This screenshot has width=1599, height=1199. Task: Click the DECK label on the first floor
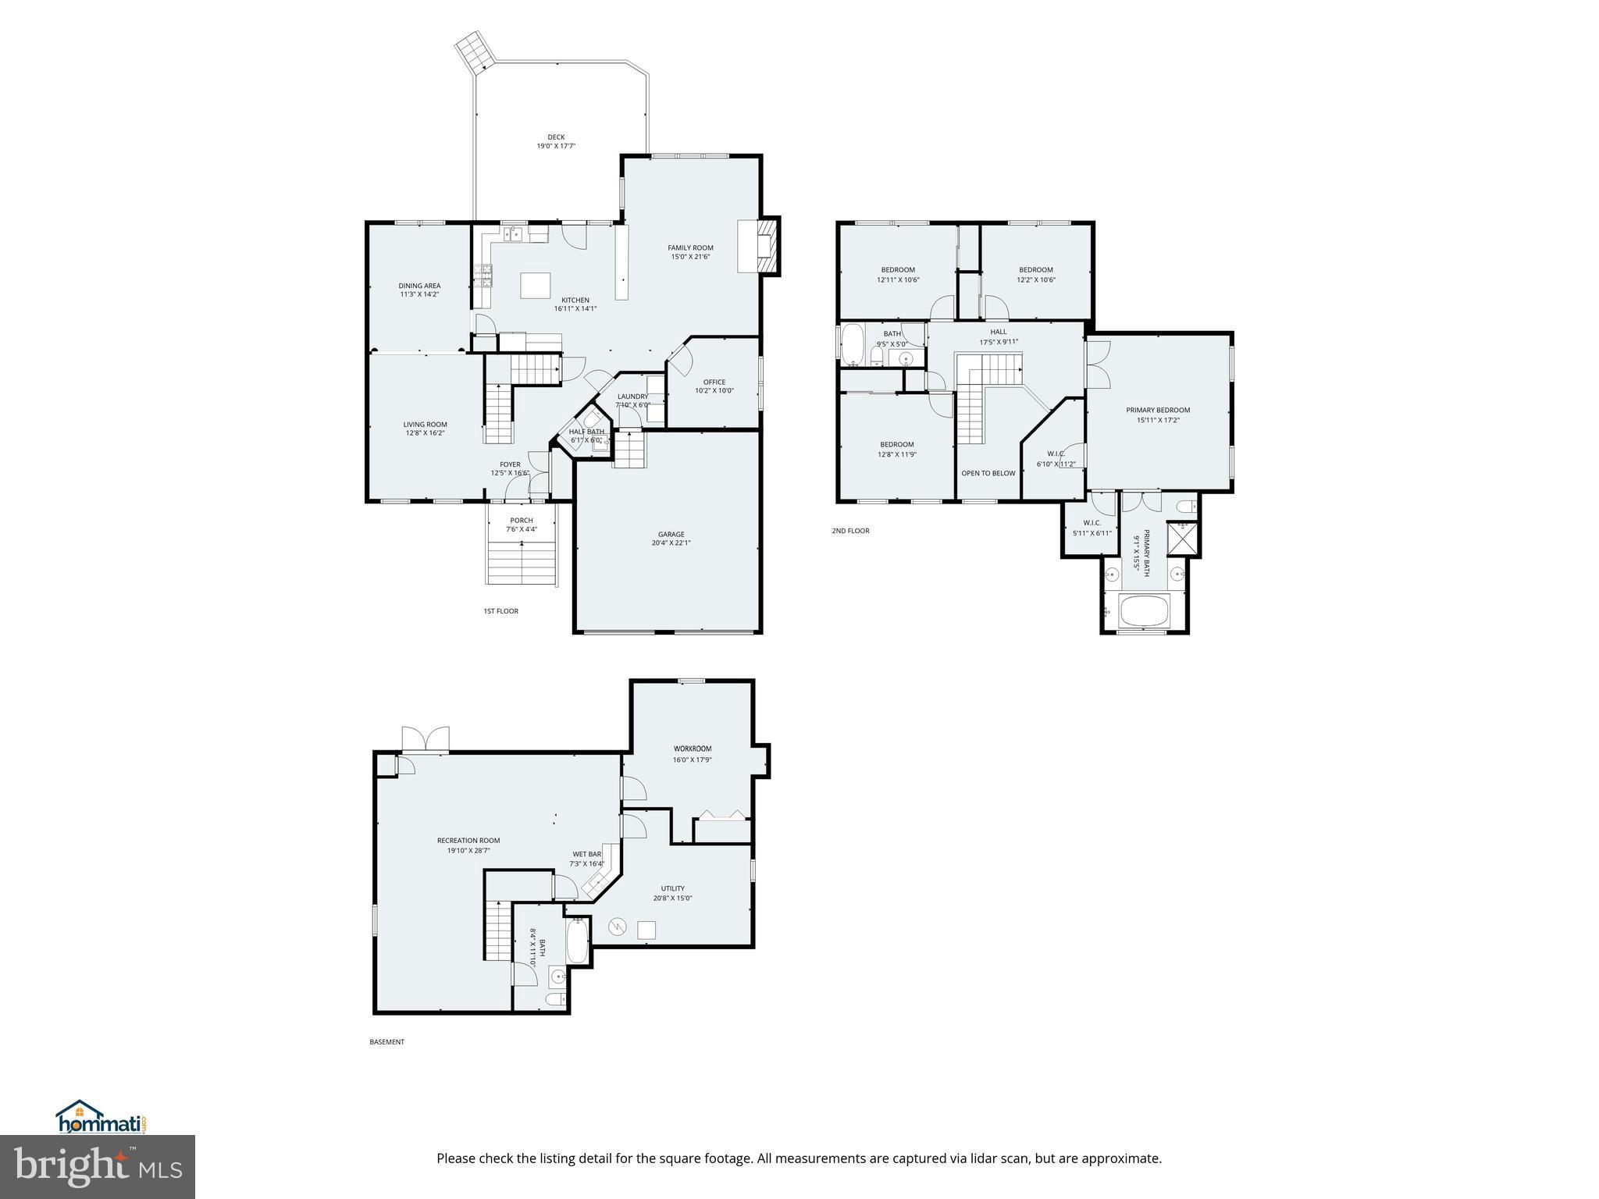(555, 137)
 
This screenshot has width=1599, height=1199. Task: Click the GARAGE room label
(671, 535)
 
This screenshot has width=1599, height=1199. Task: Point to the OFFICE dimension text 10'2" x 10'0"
(714, 391)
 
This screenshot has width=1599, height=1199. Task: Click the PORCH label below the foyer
(521, 521)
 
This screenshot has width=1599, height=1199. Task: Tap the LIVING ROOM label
(425, 425)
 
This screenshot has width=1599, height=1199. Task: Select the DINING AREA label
(419, 286)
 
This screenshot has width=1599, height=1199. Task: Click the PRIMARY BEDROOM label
(1157, 410)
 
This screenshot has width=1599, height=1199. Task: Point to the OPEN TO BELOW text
(988, 473)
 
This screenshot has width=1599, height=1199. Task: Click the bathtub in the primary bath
(1145, 610)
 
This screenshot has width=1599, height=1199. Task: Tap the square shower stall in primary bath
(1182, 538)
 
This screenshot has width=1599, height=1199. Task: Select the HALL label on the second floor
(998, 332)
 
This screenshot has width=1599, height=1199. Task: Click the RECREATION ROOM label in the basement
(468, 841)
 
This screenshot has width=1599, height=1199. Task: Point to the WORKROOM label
(692, 749)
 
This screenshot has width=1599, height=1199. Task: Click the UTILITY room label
(672, 888)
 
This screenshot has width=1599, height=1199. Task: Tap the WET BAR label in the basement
(586, 854)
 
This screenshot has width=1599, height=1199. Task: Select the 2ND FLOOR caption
(850, 531)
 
